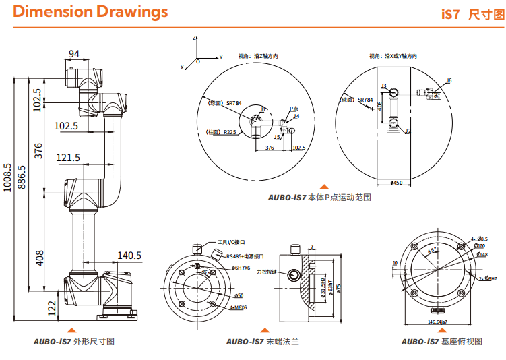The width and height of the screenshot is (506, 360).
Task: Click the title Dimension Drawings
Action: (x=90, y=12)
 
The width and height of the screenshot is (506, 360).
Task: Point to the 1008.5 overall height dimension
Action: (x=8, y=177)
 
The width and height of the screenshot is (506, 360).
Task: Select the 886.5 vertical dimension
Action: (x=23, y=177)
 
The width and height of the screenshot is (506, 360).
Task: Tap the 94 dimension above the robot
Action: (x=75, y=54)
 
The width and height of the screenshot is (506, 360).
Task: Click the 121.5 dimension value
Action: (x=69, y=158)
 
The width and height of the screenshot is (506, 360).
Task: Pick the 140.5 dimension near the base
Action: (x=129, y=256)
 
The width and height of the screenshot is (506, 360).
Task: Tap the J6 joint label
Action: (x=449, y=80)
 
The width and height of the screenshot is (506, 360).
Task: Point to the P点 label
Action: (x=294, y=108)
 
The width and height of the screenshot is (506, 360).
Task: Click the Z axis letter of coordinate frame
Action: (x=194, y=38)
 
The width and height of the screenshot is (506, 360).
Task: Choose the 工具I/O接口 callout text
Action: (x=230, y=241)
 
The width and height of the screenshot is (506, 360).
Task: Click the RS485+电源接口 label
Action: (x=245, y=256)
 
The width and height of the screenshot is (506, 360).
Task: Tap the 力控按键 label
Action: (x=266, y=272)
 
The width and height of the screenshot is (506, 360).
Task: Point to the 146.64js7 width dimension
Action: (x=439, y=322)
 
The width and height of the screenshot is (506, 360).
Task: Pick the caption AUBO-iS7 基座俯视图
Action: (x=441, y=342)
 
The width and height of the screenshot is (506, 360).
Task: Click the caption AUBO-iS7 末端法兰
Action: (x=263, y=342)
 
